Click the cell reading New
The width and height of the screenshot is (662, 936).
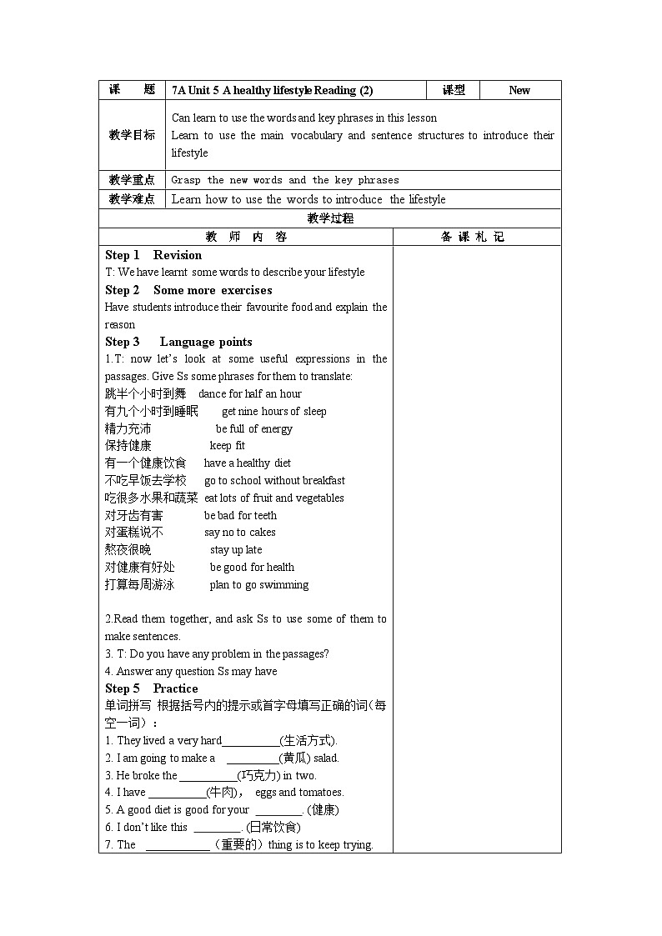519,90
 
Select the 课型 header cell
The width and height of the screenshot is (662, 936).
454,90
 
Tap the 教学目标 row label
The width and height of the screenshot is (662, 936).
132,135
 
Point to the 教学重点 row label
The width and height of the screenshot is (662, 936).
132,180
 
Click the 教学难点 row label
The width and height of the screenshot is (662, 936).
132,199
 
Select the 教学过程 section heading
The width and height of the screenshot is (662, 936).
330,218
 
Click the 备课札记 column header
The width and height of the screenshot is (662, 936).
476,237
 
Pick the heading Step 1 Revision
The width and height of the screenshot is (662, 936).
153,255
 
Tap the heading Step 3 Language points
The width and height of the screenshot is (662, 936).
178,342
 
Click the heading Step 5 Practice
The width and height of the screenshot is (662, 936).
151,688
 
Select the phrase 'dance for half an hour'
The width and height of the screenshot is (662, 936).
250,394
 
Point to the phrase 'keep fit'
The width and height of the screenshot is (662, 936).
227,446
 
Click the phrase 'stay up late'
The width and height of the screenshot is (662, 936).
236,550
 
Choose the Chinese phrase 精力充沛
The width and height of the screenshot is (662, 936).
128,428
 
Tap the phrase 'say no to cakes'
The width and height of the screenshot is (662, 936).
240,533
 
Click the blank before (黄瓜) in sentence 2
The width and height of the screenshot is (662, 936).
253,758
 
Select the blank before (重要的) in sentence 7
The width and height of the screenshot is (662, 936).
178,845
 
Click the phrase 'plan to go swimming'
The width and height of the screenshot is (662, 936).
258,585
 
